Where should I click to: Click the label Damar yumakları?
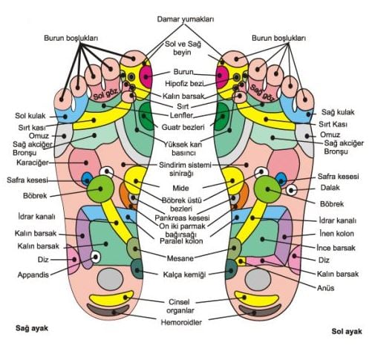pos(186,19)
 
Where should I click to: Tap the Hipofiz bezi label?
pos(184,84)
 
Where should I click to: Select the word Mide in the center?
pos(180,188)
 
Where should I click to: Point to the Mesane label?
pos(180,258)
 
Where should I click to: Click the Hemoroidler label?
pos(181,322)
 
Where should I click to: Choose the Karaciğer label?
pos(33,163)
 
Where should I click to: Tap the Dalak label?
pos(330,188)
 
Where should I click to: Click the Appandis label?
pos(33,275)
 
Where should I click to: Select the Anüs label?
pos(326,288)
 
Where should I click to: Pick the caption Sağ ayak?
pos(32,328)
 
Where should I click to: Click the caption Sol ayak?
pos(347,332)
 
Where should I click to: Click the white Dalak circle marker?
pos(291,190)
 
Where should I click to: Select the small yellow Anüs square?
pos(241,261)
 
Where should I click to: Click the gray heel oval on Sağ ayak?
pos(110,279)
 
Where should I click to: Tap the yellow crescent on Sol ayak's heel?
pos(257,298)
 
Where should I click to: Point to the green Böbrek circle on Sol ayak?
pos(267,189)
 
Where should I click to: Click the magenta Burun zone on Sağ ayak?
pos(146,76)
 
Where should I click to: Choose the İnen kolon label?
pos(336,234)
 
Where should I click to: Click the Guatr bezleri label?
pos(183,128)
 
